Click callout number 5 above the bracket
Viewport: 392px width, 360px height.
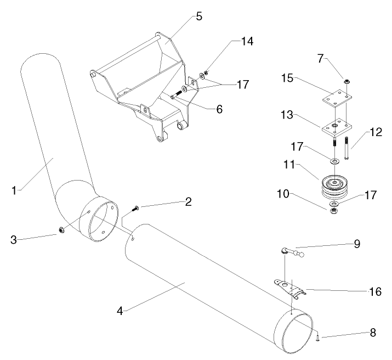pyautogui.click(x=199, y=16)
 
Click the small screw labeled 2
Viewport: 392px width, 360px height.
pyautogui.click(x=135, y=208)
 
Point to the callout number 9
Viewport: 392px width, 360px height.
pyautogui.click(x=356, y=244)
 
